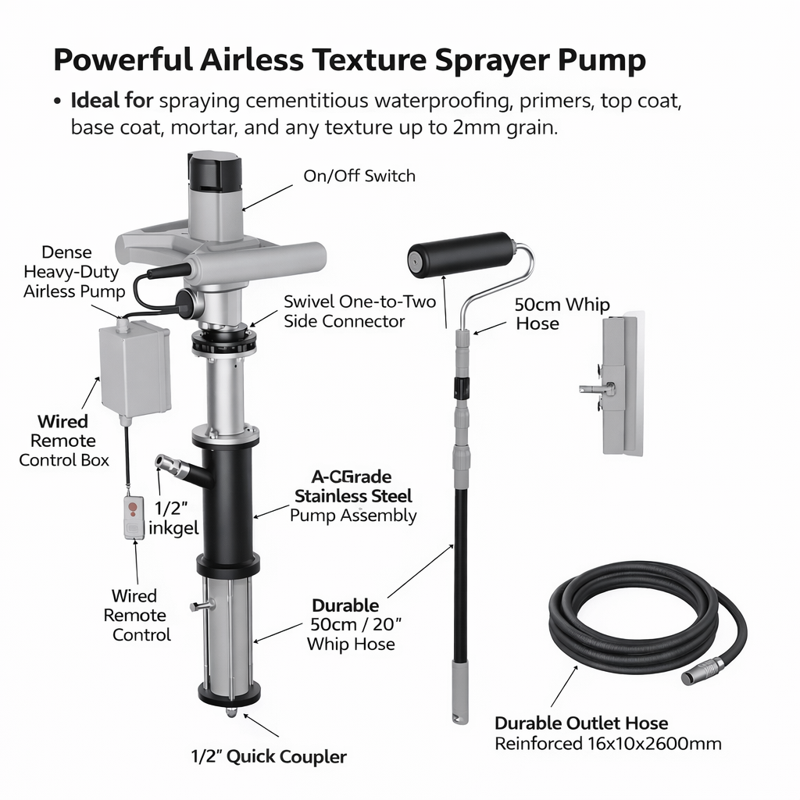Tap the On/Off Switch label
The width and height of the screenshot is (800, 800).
click(359, 176)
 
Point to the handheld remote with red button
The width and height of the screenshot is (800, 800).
click(134, 517)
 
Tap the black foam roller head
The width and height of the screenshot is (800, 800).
click(462, 254)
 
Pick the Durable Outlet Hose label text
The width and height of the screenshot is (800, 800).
click(581, 723)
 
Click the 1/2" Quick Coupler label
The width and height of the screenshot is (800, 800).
click(269, 756)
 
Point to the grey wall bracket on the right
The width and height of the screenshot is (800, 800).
click(621, 384)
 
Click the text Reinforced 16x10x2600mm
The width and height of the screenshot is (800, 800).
click(608, 743)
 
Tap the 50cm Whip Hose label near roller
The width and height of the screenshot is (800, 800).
click(562, 313)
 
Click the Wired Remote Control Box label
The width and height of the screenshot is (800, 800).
click(63, 441)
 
